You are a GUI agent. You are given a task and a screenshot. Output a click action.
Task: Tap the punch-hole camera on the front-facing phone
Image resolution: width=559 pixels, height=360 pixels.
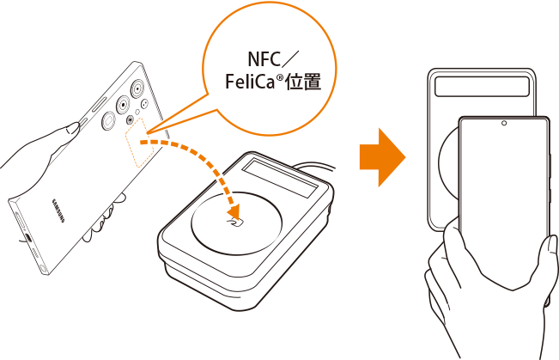point(503,124)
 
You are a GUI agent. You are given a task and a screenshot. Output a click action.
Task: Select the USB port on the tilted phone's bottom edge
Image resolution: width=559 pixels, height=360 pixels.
point(27,237)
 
